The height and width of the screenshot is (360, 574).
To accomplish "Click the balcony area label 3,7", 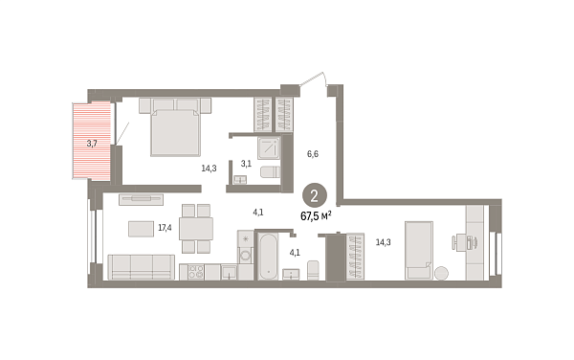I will pos(92,144).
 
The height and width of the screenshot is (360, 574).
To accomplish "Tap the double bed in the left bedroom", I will pos(173,130).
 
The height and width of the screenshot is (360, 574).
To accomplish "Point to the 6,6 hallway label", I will pos(312,151).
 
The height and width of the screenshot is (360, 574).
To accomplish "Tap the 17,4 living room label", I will pos(165,228).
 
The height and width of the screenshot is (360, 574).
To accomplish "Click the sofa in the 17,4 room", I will pos(141,266).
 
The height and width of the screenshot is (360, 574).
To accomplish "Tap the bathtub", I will pos(268,254).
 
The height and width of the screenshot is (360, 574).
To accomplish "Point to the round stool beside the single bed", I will pos(440,273).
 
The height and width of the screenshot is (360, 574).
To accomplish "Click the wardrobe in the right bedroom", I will pos(356,256).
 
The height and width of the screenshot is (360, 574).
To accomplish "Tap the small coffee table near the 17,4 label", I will pos(142,228).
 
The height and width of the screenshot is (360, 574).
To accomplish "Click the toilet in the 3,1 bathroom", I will pos(269,172).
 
